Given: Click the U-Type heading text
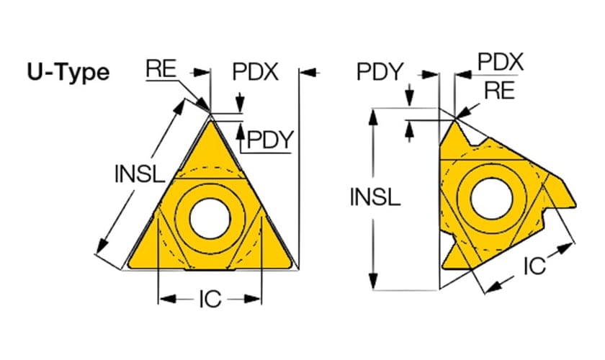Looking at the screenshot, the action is pos(68,72).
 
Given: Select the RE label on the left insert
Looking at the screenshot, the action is pos(161,68).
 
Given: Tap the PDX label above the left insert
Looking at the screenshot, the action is pos(255,71).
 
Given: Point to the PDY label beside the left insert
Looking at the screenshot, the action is pos(270,139).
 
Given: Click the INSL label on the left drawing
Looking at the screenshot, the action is pos(140,174).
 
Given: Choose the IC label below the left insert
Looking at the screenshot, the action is pos(210,299).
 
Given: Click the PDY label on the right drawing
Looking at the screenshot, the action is pos(380,71).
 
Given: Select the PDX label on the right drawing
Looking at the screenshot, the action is pos(501,61).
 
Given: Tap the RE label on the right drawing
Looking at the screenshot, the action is pos(499,90).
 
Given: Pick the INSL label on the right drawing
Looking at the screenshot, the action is pos(375,197).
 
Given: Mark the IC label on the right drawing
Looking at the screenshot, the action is pos(534,266).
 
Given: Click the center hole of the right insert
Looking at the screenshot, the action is pos(491,199).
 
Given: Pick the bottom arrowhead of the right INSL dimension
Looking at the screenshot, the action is pos(373,281).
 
